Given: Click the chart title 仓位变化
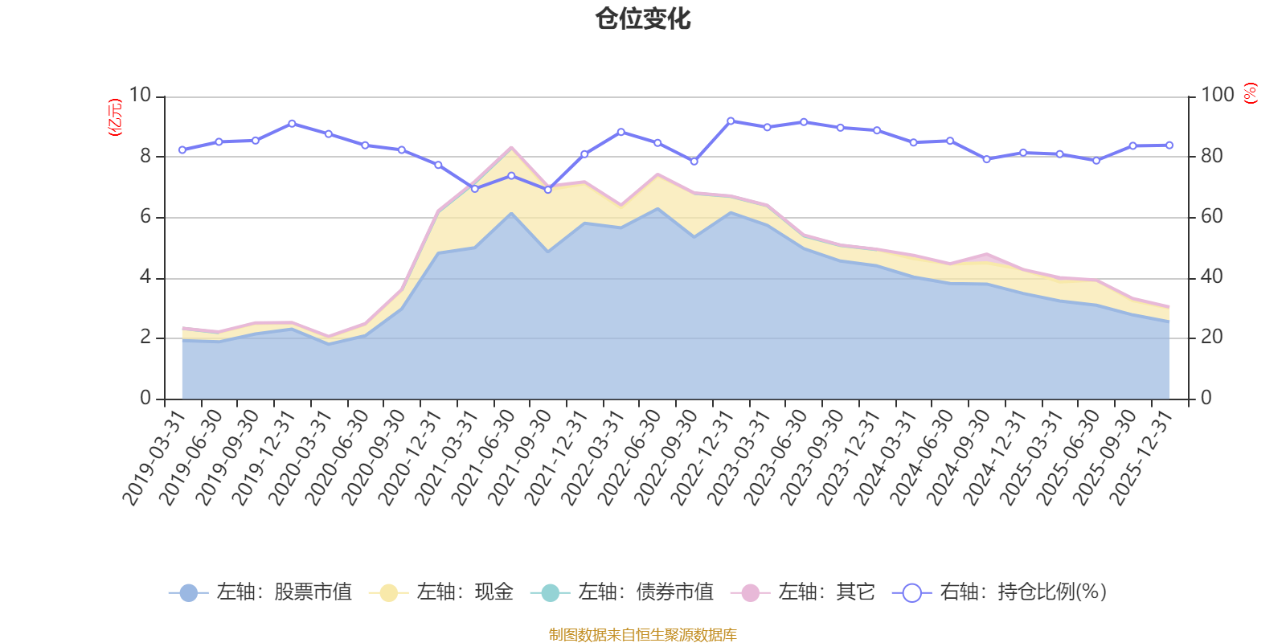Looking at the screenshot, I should pos(643,18).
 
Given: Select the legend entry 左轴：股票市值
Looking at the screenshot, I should pos(260,592).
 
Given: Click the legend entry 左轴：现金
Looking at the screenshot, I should pos(441,592).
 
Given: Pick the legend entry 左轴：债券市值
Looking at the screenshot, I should pos(622,592).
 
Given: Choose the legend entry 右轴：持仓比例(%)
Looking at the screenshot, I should pos(1001,592).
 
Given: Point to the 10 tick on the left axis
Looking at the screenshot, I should pos(140,96).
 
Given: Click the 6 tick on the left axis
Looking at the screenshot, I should pos(145,217).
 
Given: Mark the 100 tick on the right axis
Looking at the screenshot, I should pos(1217,96).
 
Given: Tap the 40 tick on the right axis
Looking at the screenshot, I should pos(1212,277).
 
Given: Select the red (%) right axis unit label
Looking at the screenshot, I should pos(1250,94).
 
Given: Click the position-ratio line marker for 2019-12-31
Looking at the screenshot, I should pos(291,124).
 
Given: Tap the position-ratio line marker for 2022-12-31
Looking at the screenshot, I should pos(730,121).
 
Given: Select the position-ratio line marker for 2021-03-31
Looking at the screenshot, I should pos(474,189).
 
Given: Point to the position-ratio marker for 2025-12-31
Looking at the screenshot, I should pos(1169,145).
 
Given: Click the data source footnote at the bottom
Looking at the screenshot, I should pos(643,635).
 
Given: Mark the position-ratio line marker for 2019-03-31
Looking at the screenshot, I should pos(182,150).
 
